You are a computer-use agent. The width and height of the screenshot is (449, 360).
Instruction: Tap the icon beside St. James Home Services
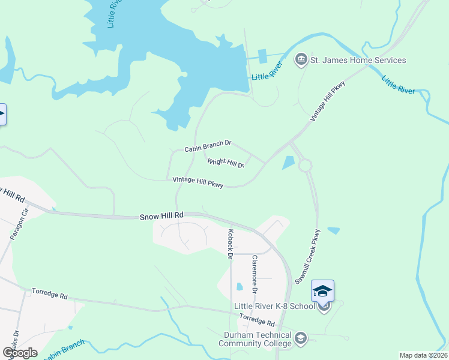tap(301, 60)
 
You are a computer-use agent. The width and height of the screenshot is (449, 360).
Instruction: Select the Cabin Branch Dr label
tap(208, 145)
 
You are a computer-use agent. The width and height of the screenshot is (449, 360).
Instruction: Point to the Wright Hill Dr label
tap(226, 162)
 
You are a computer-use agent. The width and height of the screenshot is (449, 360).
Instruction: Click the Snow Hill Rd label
tap(161, 215)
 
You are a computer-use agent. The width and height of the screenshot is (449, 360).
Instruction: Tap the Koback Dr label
tap(230, 243)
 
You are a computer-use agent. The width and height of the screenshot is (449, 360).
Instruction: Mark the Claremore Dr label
tap(255, 274)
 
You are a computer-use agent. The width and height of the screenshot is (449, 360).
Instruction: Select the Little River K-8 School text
tap(274, 307)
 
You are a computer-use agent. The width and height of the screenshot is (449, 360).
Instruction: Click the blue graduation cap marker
tap(322, 291)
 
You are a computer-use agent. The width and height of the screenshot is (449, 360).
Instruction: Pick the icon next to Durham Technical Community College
tap(301, 340)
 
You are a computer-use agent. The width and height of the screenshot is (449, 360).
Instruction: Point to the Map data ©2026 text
tap(424, 355)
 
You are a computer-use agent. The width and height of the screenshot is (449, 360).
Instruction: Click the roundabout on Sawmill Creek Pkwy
tap(306, 165)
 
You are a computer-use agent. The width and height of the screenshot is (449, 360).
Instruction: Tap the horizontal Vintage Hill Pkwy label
tap(197, 182)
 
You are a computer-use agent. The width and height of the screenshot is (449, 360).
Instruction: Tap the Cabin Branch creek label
tap(65, 350)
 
